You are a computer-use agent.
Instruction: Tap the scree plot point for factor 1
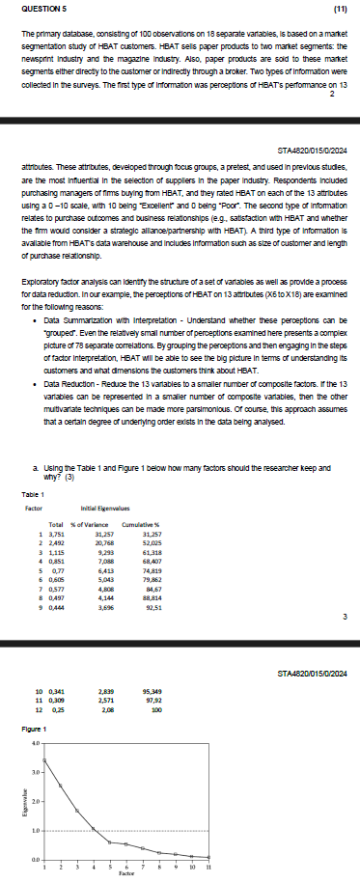44,760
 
